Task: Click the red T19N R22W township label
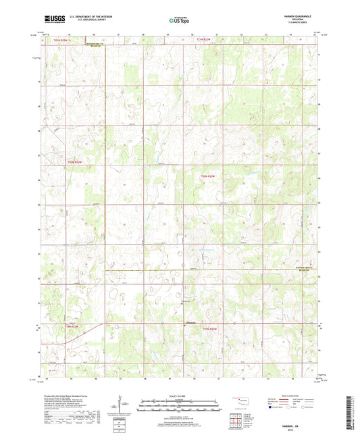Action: tap(210, 328)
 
